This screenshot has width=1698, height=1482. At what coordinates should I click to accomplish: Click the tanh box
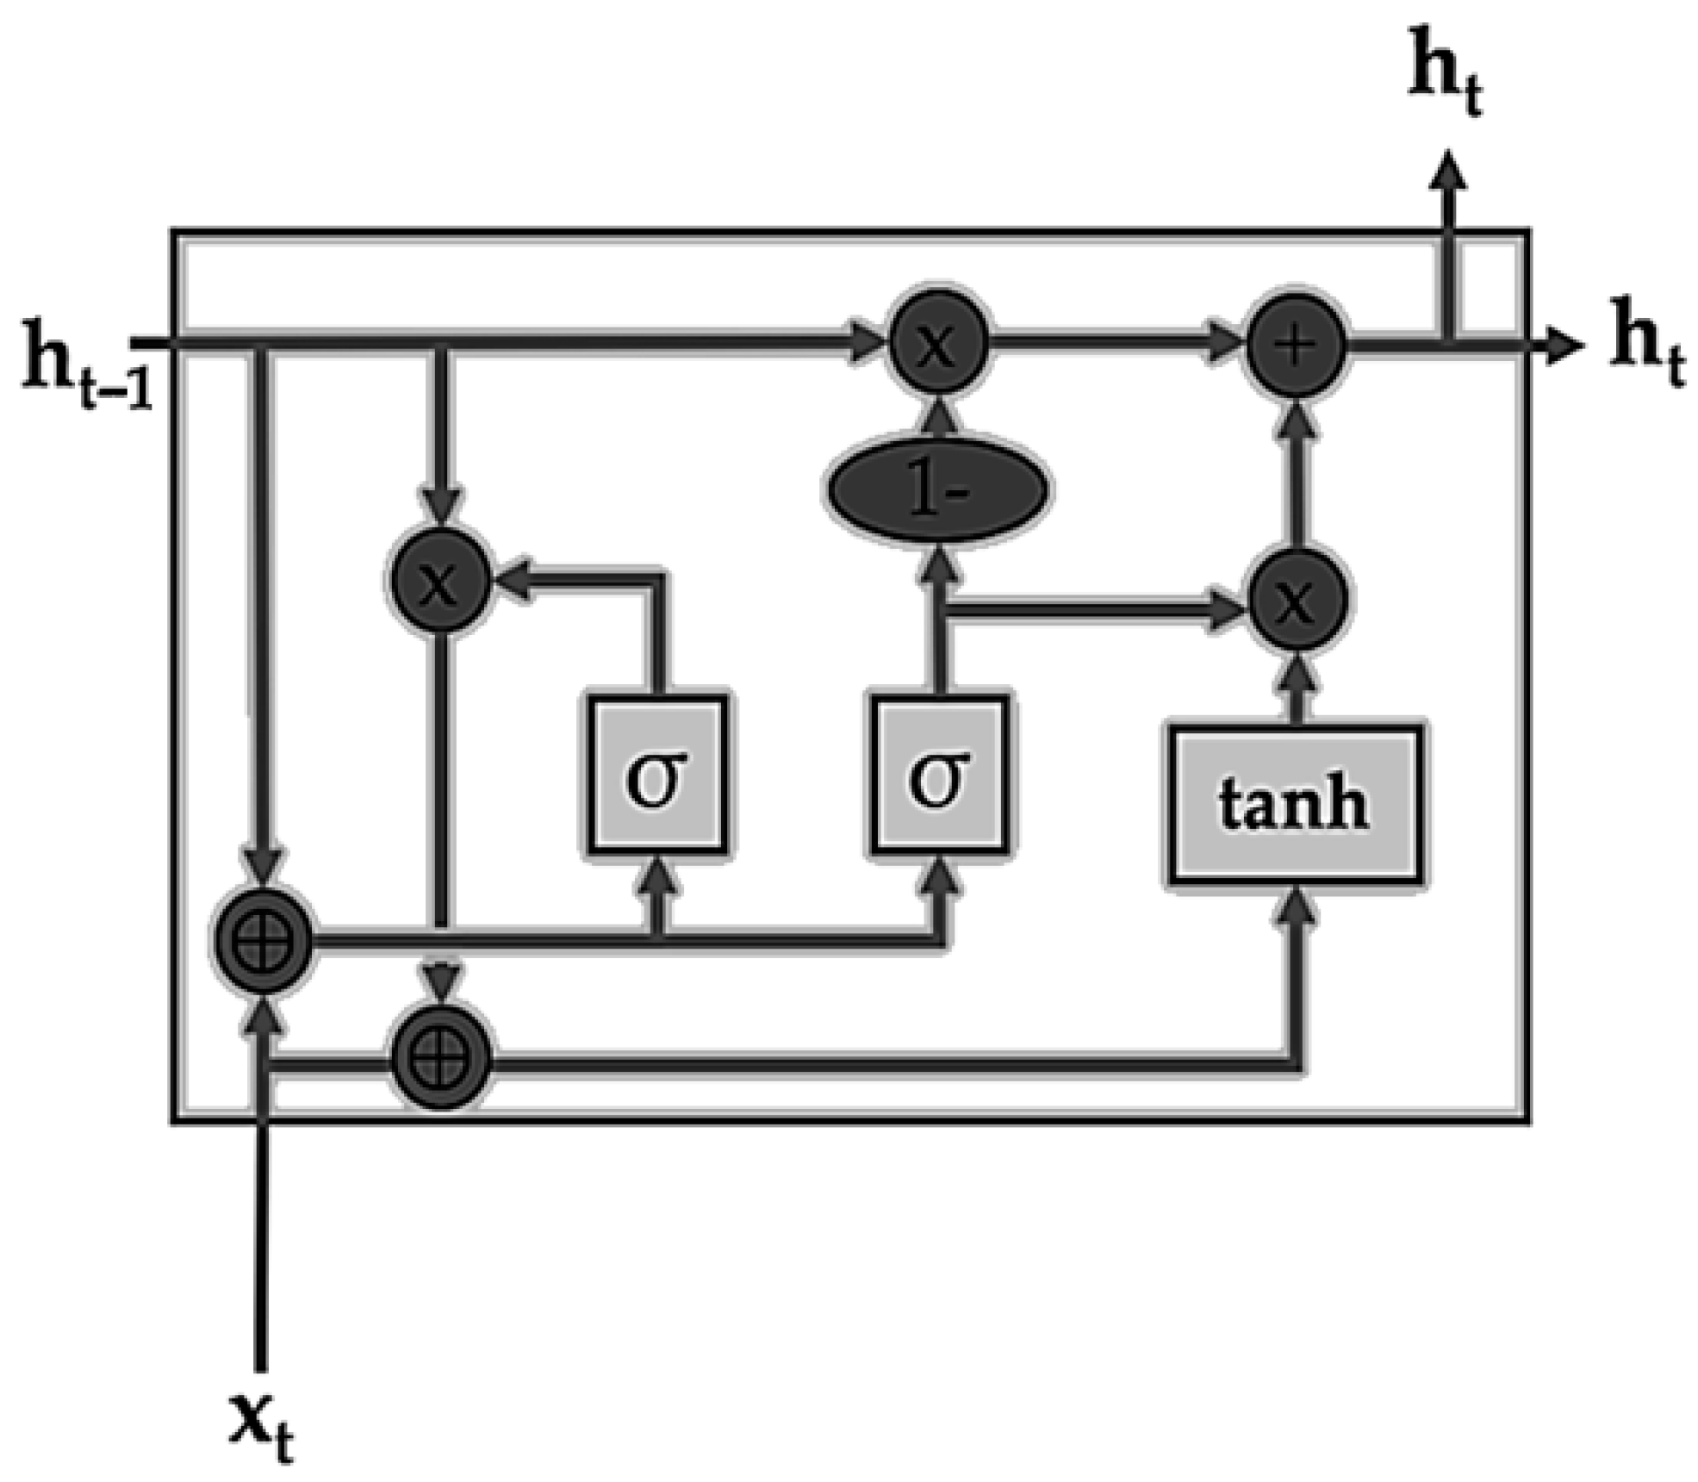1295,805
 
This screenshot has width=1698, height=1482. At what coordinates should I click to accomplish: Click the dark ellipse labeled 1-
938,492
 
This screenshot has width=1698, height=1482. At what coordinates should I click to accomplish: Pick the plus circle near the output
1297,345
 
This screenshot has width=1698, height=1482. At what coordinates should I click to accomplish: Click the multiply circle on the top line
938,345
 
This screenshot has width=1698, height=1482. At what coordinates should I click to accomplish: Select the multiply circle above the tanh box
1297,601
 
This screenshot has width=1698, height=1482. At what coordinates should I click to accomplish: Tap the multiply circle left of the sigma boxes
440,583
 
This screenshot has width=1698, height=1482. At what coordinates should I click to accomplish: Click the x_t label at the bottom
263,1426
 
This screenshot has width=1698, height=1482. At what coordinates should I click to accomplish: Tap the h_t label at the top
1447,82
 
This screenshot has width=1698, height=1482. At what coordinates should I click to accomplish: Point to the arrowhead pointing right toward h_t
1563,346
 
